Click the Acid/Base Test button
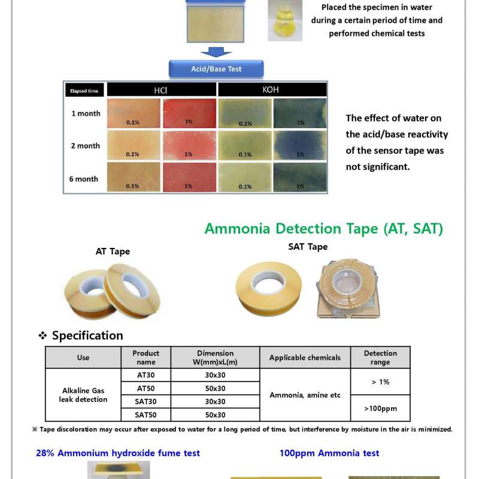(216, 69)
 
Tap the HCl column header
(162, 90)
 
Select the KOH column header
(271, 90)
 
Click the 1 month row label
(86, 113)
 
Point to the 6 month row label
(86, 178)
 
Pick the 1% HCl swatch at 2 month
(189, 145)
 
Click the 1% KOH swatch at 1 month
(300, 113)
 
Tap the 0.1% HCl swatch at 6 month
(134, 178)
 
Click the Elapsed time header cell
(84, 91)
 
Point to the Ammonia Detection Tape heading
(323, 228)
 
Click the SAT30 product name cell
(145, 402)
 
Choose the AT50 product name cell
(145, 389)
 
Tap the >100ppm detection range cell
(380, 408)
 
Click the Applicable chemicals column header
(305, 357)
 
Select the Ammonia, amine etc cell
(305, 395)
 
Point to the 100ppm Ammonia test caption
(329, 453)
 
